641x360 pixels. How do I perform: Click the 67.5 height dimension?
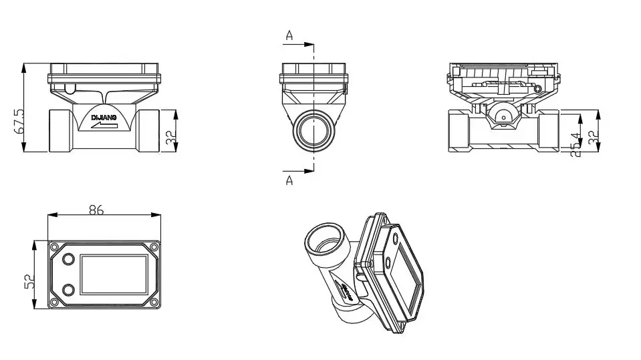19,121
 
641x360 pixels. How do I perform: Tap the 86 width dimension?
96,210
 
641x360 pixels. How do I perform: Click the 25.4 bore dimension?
573,145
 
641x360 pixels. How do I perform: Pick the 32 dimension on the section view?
592,138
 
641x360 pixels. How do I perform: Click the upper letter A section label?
289,36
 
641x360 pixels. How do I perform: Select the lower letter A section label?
289,180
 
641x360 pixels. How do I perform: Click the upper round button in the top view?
68,258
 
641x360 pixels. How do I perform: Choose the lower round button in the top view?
68,289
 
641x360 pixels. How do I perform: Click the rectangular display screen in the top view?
114,274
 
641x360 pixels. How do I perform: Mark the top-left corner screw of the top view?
53,246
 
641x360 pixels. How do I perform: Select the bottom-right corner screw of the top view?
154,302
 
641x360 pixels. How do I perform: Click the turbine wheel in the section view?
502,116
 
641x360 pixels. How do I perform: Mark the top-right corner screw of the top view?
154,246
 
